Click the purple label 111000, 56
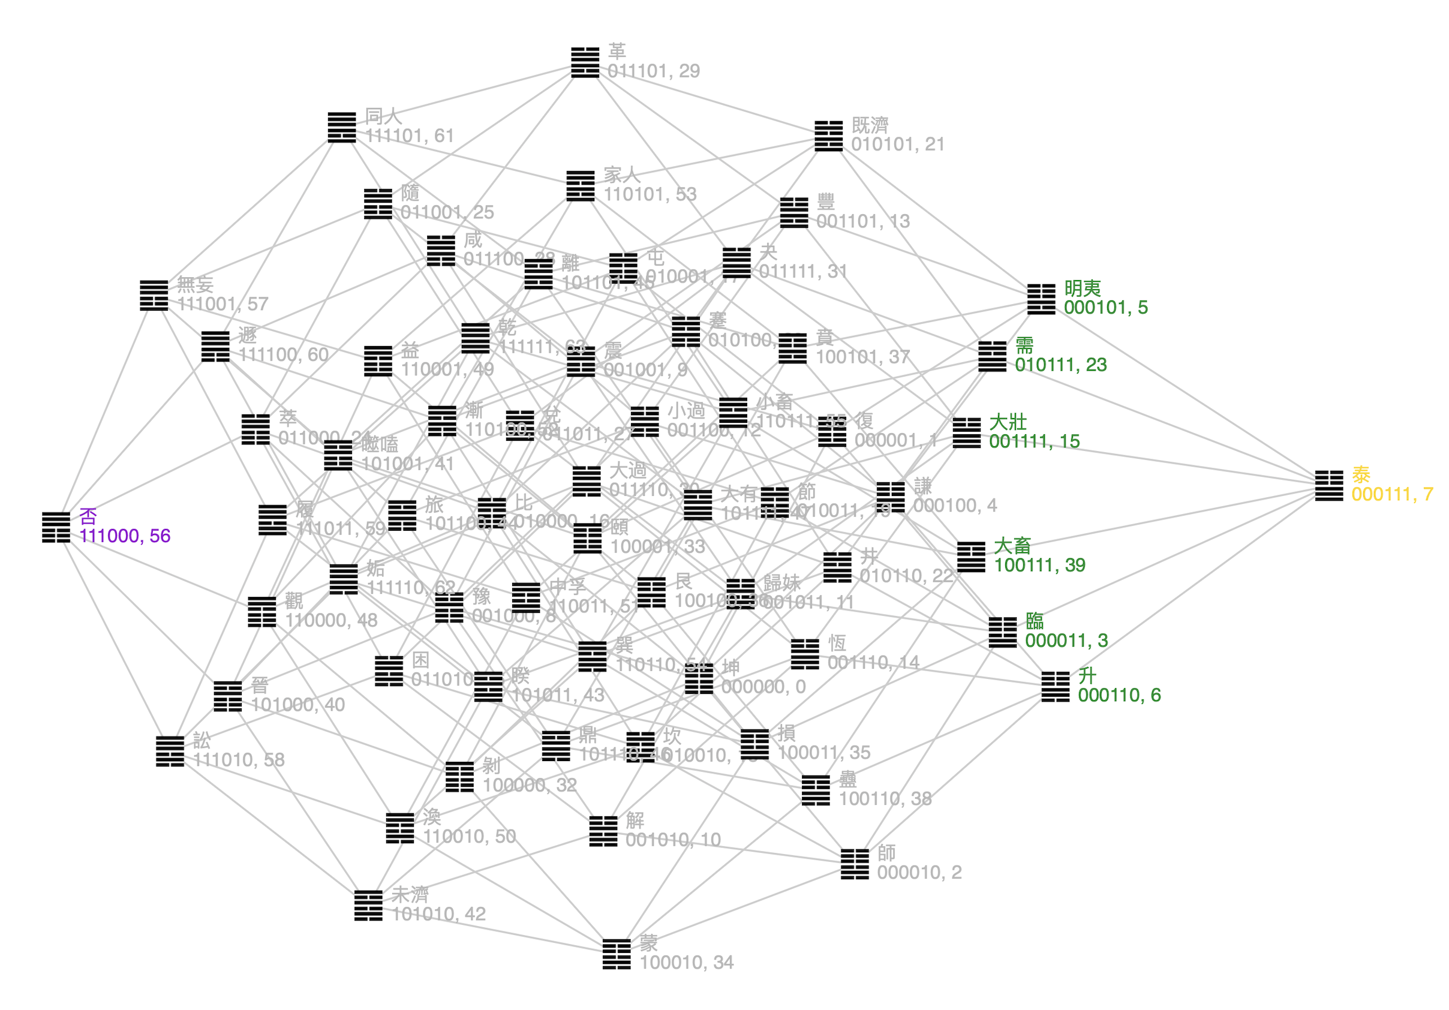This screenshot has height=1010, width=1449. pyautogui.click(x=124, y=536)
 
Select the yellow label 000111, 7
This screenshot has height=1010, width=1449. pyautogui.click(x=1391, y=494)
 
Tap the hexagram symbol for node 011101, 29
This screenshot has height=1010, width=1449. pyautogui.click(x=585, y=62)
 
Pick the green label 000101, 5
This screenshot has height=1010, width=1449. pyautogui.click(x=1106, y=308)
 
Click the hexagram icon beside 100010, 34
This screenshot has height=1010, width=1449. pyautogui.click(x=617, y=954)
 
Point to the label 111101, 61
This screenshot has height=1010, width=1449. pyautogui.click(x=410, y=136)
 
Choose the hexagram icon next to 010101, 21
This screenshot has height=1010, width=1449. pyautogui.click(x=829, y=136)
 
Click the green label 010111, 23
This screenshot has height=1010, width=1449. pyautogui.click(x=1060, y=365)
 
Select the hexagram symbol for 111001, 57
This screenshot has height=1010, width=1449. pyautogui.click(x=154, y=296)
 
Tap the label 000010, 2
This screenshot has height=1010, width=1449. pyautogui.click(x=919, y=873)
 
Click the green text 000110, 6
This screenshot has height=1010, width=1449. pyautogui.click(x=1119, y=695)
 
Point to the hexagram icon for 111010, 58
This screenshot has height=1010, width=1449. pyautogui.click(x=170, y=751)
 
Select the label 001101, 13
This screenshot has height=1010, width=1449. pyautogui.click(x=862, y=221)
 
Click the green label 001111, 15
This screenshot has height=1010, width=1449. pyautogui.click(x=1034, y=441)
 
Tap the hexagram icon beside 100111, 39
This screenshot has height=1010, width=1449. pyautogui.click(x=971, y=556)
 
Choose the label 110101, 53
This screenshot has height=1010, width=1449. pyautogui.click(x=650, y=194)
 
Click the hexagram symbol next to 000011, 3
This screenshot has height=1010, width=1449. pyautogui.click(x=1003, y=632)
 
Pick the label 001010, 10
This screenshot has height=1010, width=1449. pyautogui.click(x=673, y=840)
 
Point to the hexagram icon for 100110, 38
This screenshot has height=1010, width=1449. pyautogui.click(x=816, y=790)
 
